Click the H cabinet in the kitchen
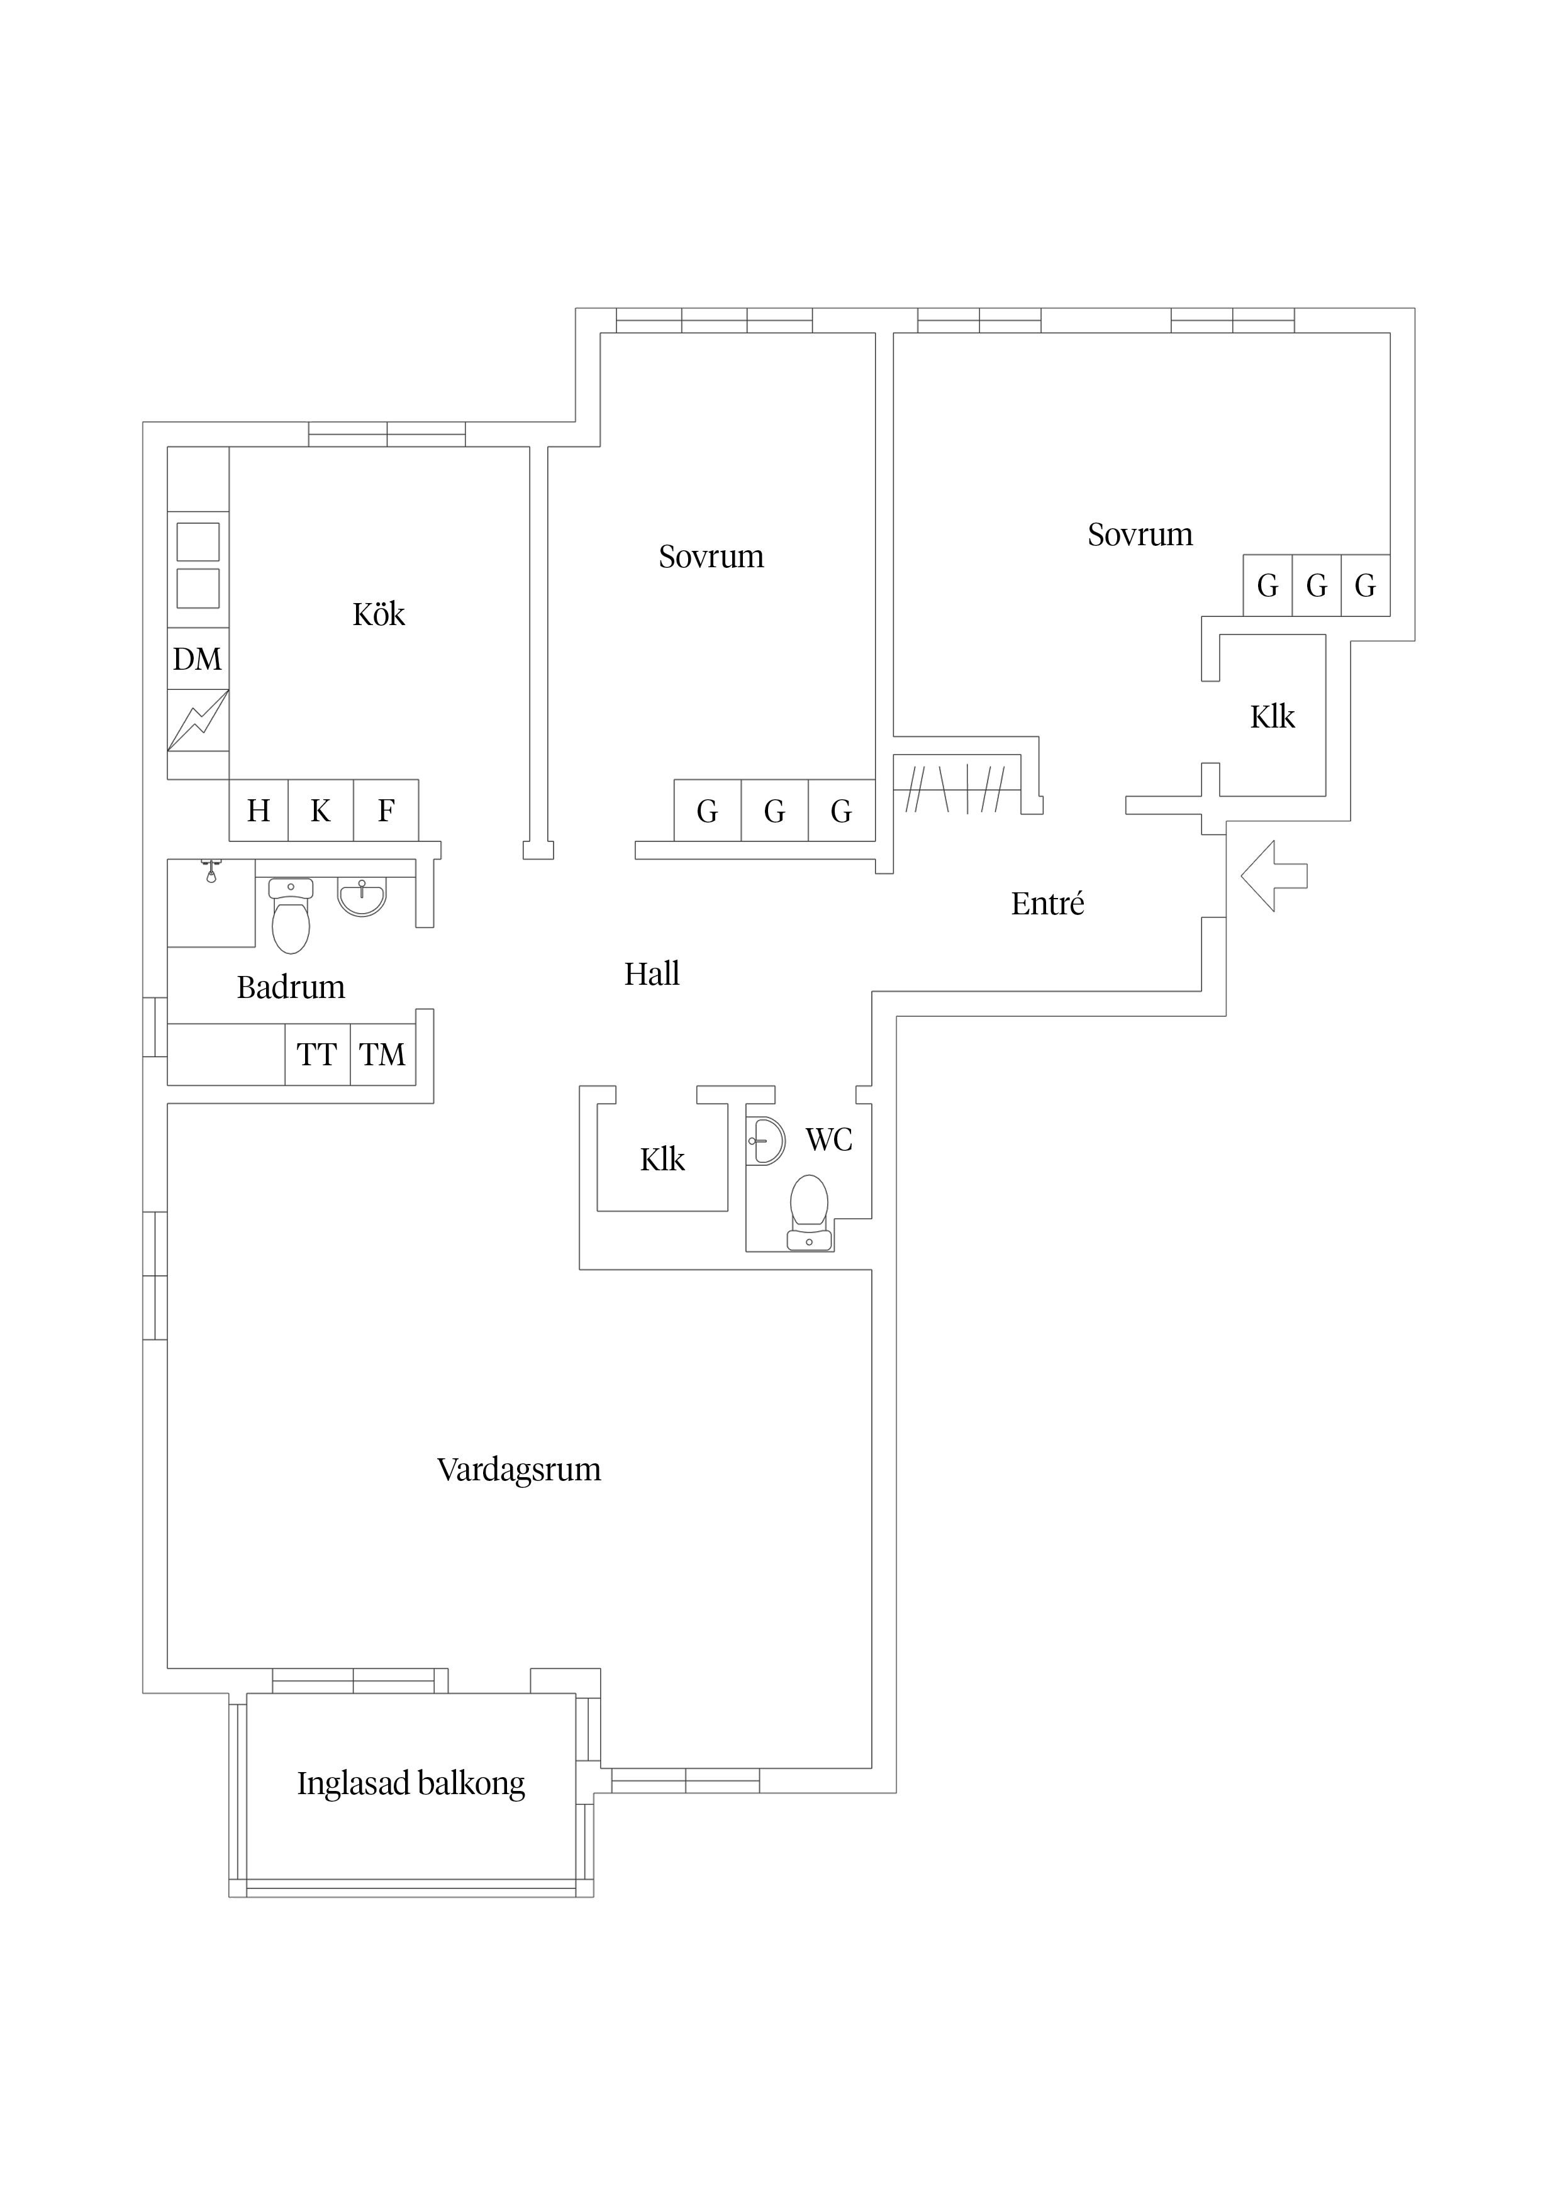pos(259,811)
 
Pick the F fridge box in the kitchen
pos(386,811)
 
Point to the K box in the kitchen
pos(321,811)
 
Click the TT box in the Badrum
pos(317,1055)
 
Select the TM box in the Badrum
pos(382,1055)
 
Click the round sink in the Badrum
pos(362,897)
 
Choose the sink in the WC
pos(765,1141)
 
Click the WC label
pos(828,1139)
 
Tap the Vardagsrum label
pos(519,1469)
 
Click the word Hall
pos(652,974)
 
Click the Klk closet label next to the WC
pos(662,1160)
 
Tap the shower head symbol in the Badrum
pos(211,872)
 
